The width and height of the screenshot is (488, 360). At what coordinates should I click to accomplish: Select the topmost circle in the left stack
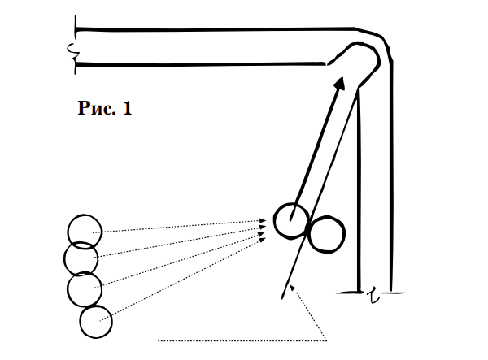[84, 229]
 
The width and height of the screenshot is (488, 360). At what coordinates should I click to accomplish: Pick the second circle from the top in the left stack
[81, 258]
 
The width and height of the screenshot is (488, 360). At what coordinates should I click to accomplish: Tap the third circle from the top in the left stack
[85, 289]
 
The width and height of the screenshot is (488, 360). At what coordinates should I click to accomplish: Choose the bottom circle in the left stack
[96, 321]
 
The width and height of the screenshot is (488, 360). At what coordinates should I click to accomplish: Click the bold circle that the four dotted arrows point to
[290, 220]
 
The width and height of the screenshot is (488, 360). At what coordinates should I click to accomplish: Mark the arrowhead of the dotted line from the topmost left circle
[264, 220]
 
